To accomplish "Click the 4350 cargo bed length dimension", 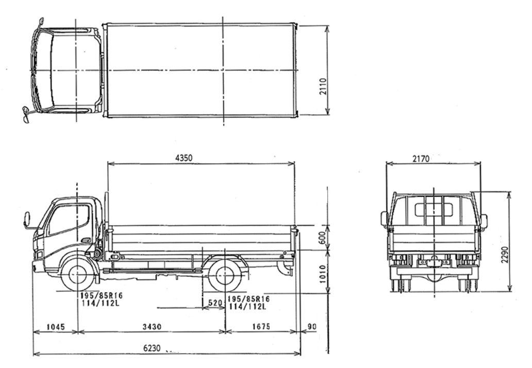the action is pos(184,158).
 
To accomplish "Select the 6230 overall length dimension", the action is pos(152,348).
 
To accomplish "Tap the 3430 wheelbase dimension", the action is pos(152,327).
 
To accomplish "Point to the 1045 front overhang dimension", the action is pos(56,327).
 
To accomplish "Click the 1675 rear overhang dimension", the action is pos(261,326).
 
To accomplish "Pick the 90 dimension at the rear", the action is pos(312,326).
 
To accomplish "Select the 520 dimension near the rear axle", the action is pos(215,303).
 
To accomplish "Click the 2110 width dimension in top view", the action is pos(323,87).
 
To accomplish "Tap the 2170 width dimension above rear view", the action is pos(421,158).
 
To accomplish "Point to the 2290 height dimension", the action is pos(505,255).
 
